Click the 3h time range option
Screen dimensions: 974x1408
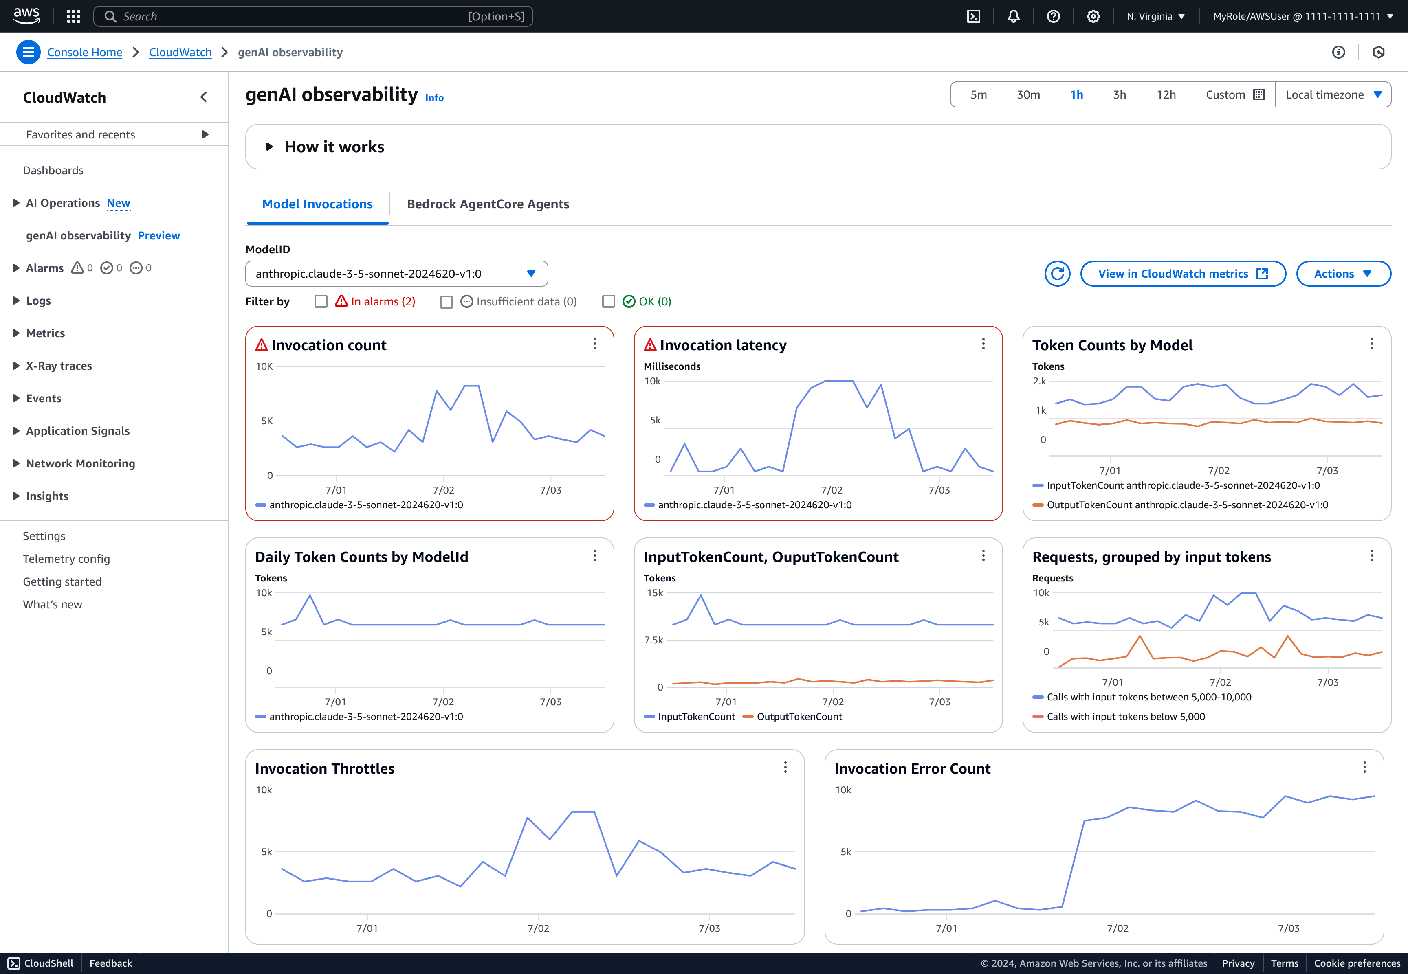pos(1119,94)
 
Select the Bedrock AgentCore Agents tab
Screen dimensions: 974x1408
pos(487,204)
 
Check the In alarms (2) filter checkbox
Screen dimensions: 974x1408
pos(321,301)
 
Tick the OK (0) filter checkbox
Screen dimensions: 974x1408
pos(608,301)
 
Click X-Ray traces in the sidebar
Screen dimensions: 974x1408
pos(59,366)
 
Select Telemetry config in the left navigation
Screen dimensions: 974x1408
pos(66,559)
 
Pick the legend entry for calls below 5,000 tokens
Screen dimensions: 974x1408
pos(1125,717)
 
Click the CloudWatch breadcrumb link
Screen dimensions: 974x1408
pos(180,53)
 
